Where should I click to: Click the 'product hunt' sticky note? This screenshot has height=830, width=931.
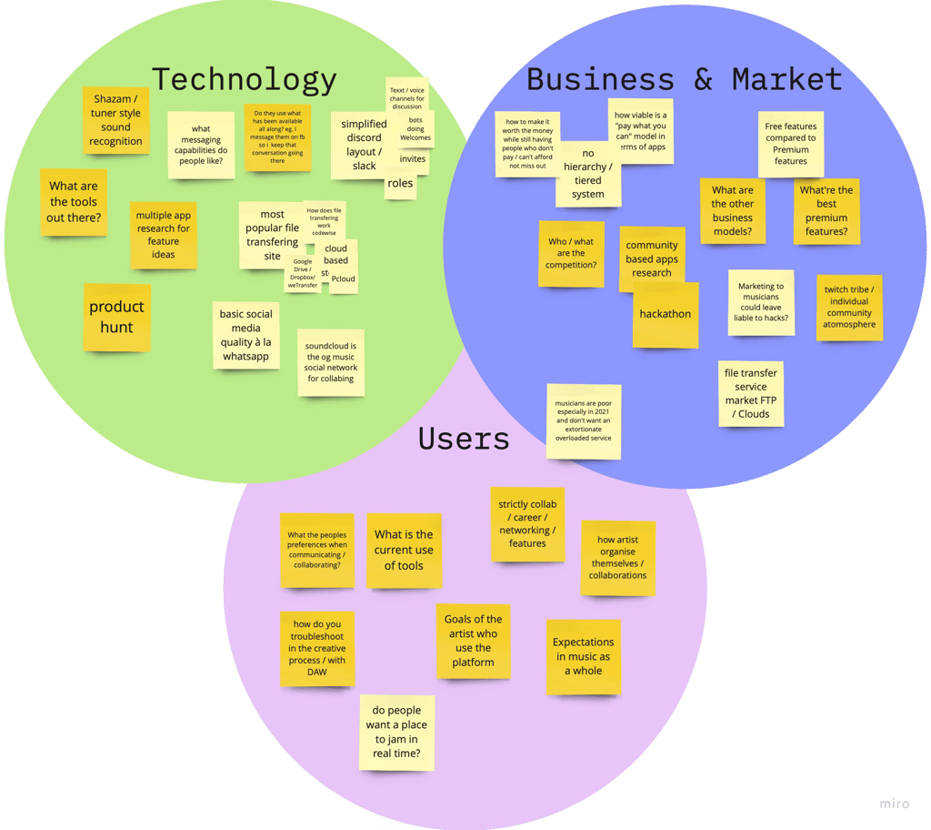(x=116, y=317)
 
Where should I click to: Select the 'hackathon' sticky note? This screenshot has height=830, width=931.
(x=666, y=315)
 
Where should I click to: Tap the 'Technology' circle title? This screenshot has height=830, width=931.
(x=244, y=80)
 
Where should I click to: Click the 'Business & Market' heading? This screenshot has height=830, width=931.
(x=684, y=80)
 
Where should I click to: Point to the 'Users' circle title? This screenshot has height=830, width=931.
(x=463, y=440)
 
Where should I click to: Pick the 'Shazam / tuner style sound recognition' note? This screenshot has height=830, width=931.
(x=116, y=120)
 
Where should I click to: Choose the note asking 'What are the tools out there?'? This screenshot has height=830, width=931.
(x=74, y=202)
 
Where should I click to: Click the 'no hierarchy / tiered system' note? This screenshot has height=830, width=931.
(x=588, y=174)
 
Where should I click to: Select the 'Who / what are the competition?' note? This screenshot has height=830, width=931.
(x=571, y=254)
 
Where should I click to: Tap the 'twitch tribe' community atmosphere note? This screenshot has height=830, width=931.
(x=849, y=308)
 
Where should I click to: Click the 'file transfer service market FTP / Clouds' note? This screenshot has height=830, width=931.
(x=751, y=393)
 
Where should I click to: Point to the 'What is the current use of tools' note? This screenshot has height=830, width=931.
(x=404, y=551)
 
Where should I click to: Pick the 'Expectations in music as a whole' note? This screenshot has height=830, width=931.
(x=584, y=656)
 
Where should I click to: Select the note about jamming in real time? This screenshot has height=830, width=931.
(x=396, y=732)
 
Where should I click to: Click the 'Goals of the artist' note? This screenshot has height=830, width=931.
(x=473, y=641)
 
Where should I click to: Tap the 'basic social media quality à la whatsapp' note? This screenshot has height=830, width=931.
(x=245, y=335)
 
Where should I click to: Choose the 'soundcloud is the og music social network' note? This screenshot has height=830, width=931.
(x=331, y=362)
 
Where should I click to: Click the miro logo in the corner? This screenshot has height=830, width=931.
(x=895, y=805)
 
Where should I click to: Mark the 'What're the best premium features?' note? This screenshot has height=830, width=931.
(x=826, y=211)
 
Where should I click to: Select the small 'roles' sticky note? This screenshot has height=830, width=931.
(x=400, y=184)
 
